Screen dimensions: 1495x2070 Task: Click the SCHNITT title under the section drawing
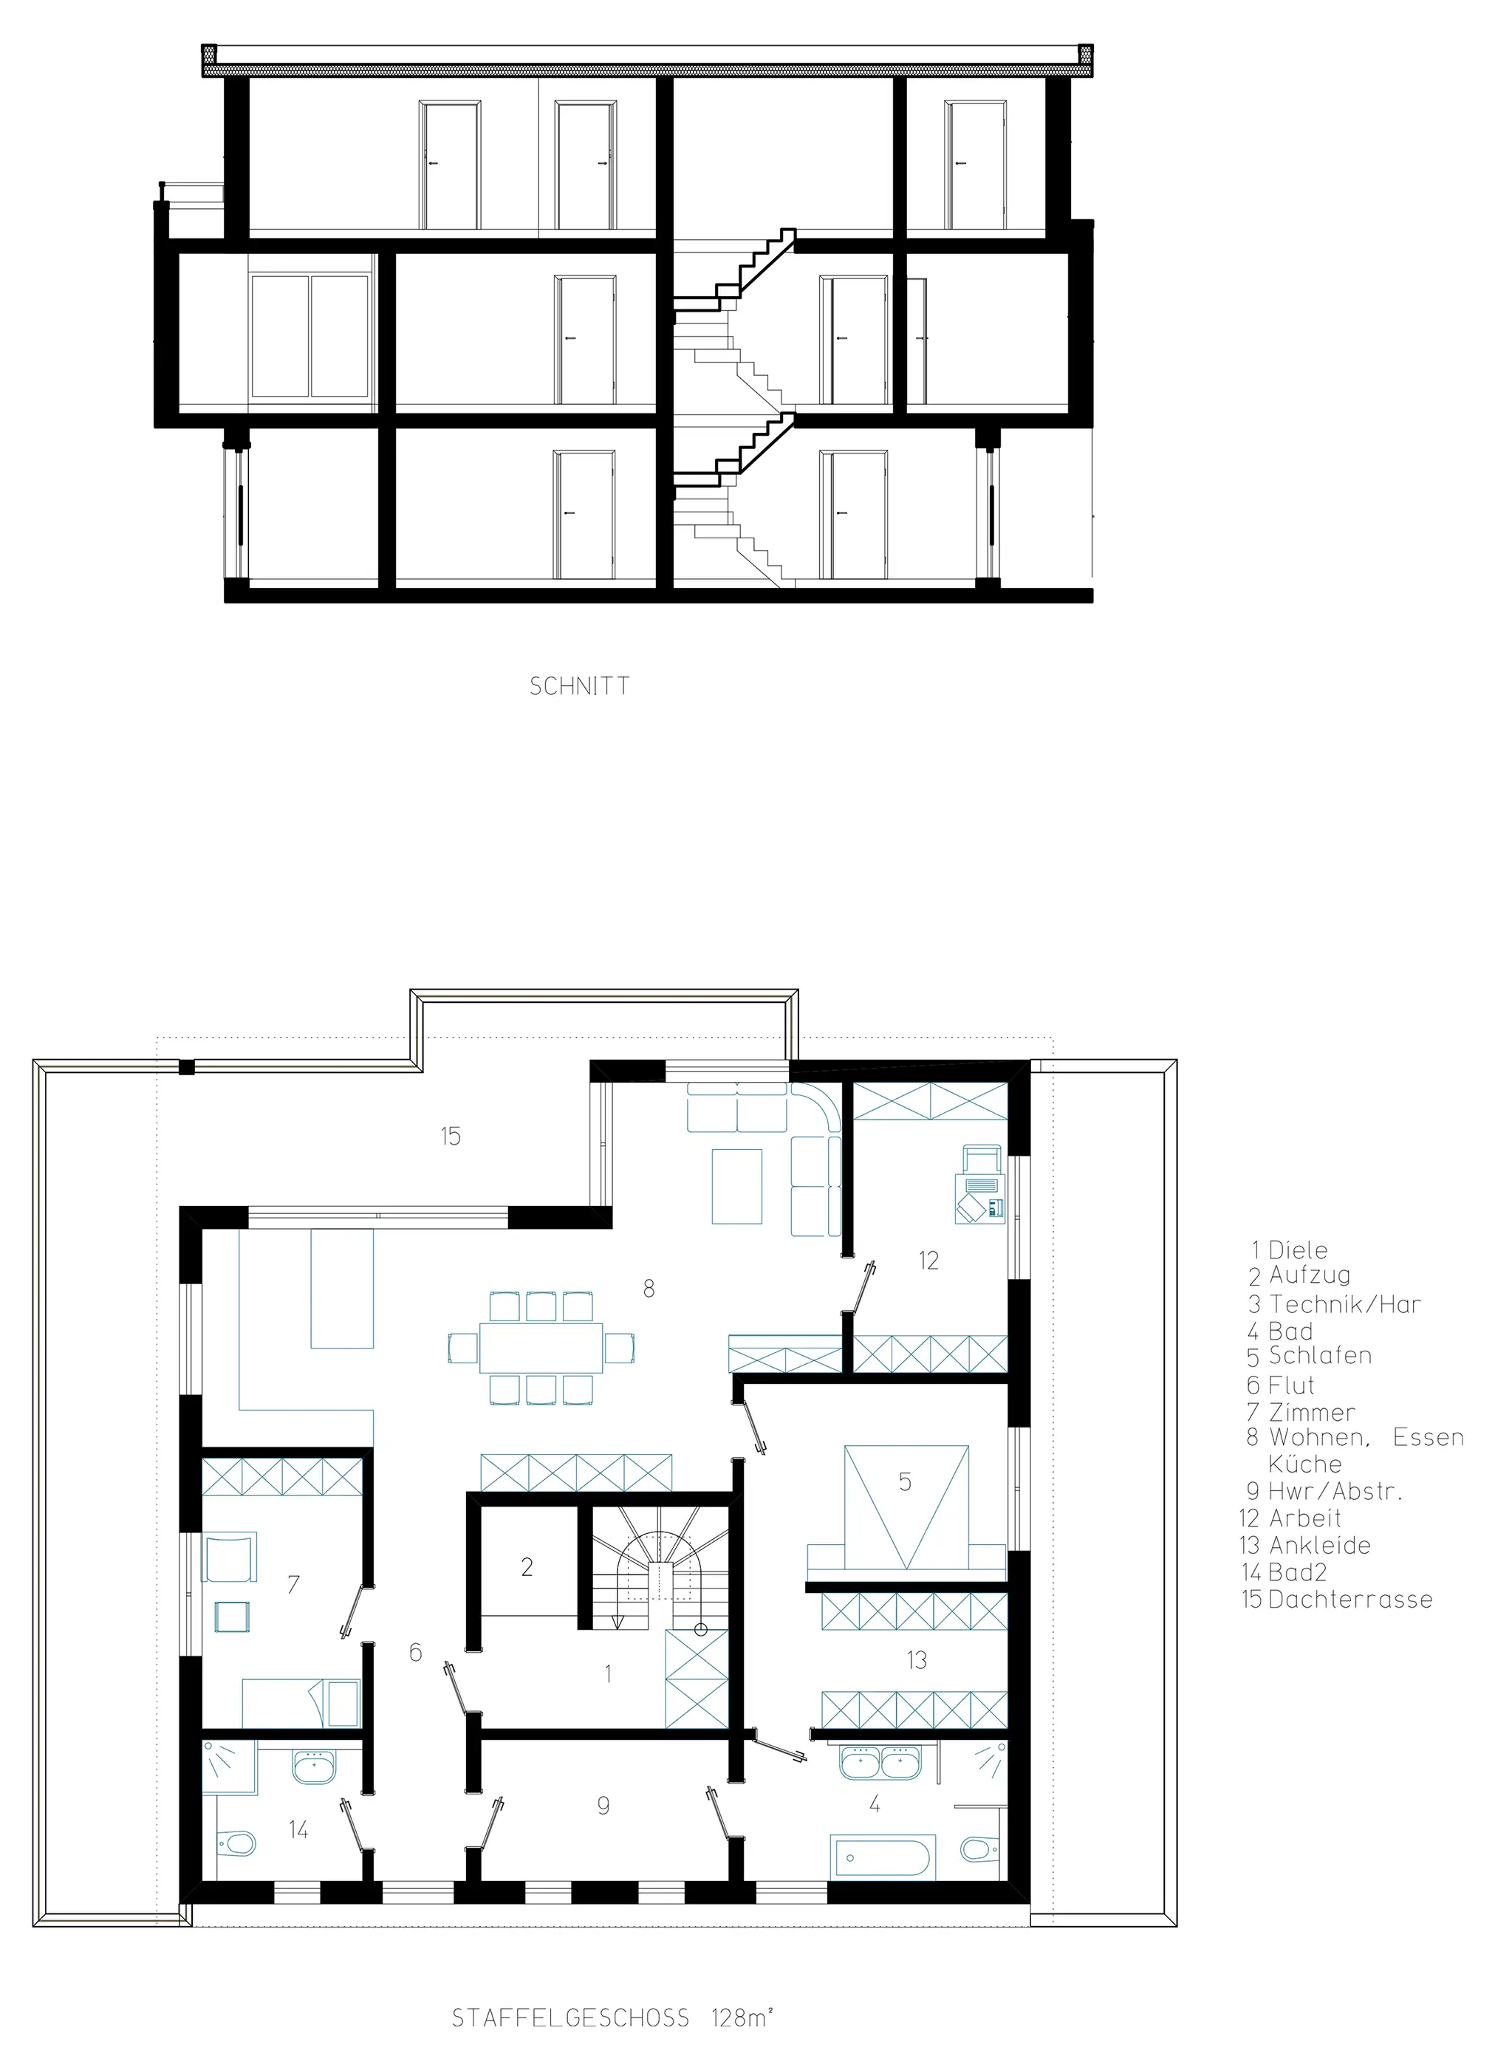pos(580,686)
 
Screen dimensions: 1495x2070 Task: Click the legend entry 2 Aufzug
pos(1300,1275)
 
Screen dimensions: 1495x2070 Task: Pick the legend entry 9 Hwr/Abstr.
pos(1324,1491)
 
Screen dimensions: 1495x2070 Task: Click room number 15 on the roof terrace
pos(451,1137)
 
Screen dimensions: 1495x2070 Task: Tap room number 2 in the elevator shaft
pos(527,1567)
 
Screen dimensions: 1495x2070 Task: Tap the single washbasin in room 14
pos(315,1768)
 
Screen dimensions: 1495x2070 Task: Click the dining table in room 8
pos(541,1347)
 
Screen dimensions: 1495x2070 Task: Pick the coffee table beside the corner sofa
pos(737,1185)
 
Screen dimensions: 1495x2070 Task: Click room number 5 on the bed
pos(906,1481)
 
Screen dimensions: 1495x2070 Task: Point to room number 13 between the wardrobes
pos(917,1660)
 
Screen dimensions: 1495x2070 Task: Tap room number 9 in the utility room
pos(603,1806)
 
